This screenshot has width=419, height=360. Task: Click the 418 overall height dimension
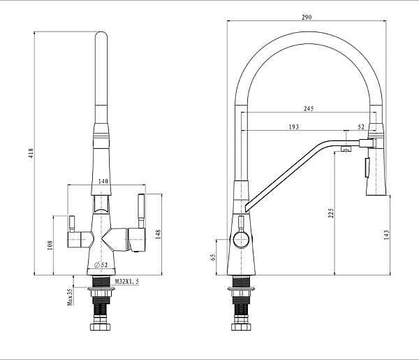click(x=31, y=154)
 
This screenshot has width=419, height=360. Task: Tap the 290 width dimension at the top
click(x=307, y=17)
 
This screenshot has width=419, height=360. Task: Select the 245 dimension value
click(x=309, y=108)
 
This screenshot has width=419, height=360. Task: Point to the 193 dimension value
click(x=294, y=127)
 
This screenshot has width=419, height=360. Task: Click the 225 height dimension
click(x=331, y=213)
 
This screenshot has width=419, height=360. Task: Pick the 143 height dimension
click(x=386, y=235)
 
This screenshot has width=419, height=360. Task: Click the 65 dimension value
click(x=213, y=257)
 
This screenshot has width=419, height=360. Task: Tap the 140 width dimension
click(x=103, y=181)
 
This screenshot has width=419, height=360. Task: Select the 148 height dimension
click(x=158, y=234)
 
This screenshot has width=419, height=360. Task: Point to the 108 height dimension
click(x=50, y=245)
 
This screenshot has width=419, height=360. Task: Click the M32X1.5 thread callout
click(x=127, y=282)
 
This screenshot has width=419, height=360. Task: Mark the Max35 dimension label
click(x=70, y=296)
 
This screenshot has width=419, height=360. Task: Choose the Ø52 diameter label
click(x=101, y=265)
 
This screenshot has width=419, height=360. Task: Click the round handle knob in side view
click(x=242, y=240)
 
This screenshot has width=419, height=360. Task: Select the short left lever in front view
click(x=72, y=224)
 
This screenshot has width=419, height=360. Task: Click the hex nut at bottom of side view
click(x=242, y=327)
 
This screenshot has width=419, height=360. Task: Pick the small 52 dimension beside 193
click(x=361, y=127)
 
